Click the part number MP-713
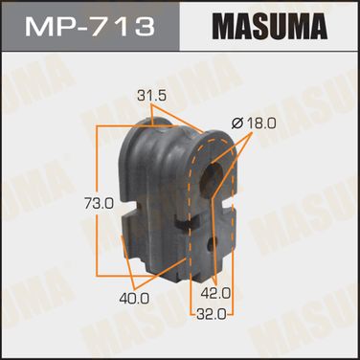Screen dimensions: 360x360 pos(90,27)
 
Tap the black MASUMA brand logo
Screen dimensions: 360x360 pos(270,26)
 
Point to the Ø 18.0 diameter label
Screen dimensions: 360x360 pos(254,123)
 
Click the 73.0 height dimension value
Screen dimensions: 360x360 pos(100,203)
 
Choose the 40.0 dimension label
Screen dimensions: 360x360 pos(134,299)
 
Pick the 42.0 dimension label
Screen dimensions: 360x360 pos(215,293)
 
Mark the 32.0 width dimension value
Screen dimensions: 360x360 pos(211,315)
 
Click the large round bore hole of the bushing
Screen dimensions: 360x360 pos(212,174)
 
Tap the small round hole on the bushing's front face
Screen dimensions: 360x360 pos(213,245)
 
